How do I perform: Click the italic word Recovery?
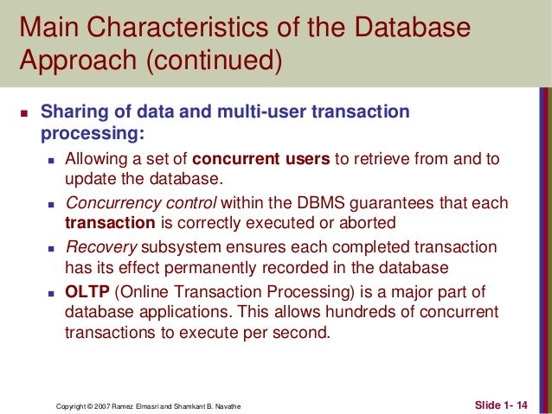(x=96, y=246)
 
